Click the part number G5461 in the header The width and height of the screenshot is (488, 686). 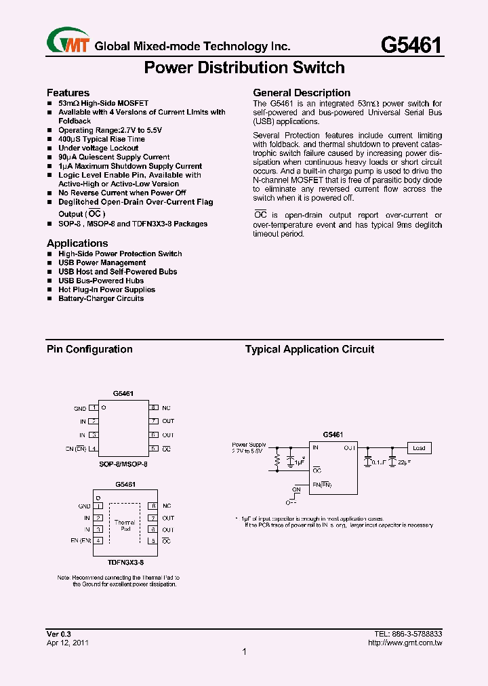click(411, 45)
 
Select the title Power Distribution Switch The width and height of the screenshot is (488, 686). click(245, 68)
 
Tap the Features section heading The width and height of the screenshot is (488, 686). click(68, 92)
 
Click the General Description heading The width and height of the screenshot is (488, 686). click(302, 92)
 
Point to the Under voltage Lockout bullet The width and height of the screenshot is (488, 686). click(98, 148)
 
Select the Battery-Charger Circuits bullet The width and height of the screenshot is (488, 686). click(101, 298)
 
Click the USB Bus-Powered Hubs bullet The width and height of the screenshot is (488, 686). click(101, 281)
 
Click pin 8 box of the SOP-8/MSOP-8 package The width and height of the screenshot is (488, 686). click(154, 408)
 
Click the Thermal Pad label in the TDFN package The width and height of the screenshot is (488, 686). click(124, 525)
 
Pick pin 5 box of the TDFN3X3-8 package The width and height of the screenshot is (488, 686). click(154, 541)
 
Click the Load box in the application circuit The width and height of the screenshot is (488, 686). click(419, 448)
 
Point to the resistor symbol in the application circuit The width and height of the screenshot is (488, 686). click(277, 462)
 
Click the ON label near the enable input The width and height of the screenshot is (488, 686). click(296, 489)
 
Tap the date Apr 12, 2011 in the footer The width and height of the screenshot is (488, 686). click(67, 642)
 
